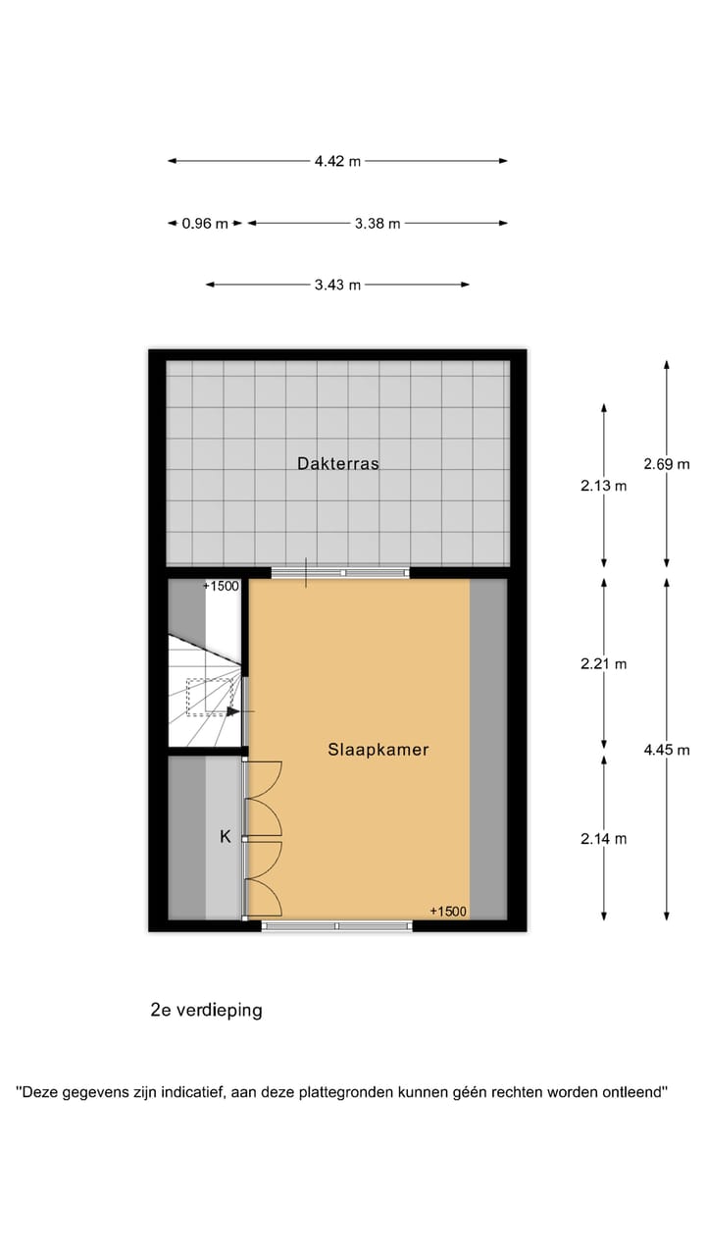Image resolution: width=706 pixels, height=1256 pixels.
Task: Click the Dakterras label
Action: (337, 464)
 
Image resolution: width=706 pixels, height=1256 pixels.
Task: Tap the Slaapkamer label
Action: (378, 750)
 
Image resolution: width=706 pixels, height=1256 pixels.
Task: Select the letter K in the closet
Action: (225, 837)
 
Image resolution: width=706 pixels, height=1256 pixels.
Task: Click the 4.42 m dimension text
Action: (337, 161)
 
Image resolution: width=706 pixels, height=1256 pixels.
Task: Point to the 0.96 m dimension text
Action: (205, 223)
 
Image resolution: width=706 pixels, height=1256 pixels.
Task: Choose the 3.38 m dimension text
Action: (378, 223)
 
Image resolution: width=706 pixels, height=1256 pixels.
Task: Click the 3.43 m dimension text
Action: (337, 285)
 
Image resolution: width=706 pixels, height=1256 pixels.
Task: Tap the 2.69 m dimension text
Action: (666, 464)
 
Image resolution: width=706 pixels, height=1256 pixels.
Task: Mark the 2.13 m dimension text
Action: (603, 485)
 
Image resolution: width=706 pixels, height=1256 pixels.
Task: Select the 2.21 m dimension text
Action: (603, 663)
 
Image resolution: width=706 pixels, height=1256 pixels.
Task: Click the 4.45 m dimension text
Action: (666, 750)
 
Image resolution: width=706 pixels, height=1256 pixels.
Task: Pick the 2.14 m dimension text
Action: (603, 838)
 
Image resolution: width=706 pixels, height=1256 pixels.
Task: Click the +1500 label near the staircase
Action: (221, 587)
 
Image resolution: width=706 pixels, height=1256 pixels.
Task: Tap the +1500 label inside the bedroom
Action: (448, 912)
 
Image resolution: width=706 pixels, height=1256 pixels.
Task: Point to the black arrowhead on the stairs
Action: (232, 712)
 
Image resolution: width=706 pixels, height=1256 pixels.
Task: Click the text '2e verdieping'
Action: (206, 1010)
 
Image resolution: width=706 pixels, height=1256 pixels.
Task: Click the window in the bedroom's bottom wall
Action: (336, 925)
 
